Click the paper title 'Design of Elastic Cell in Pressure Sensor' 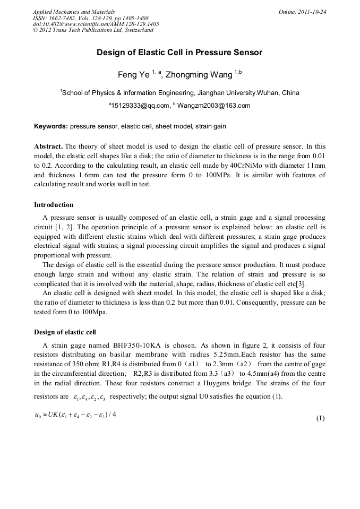tap(179, 53)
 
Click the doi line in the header tap(96, 24)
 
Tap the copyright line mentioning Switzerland tap(93, 30)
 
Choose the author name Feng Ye tap(134, 74)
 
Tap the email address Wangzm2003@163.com tap(214, 106)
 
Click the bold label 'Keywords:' tap(51, 127)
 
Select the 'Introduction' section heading tap(54, 204)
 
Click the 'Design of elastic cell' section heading tap(65, 332)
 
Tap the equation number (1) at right tap(320, 418)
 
